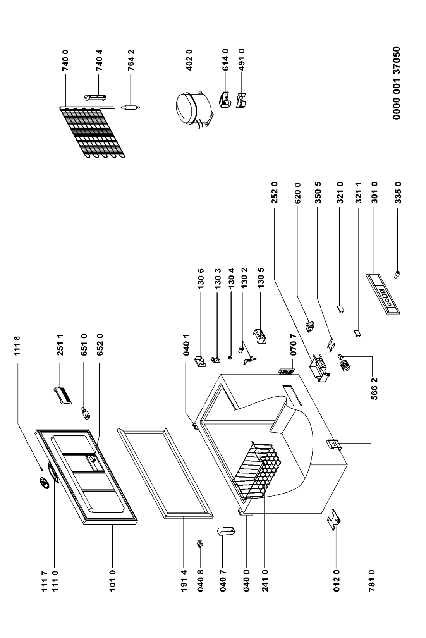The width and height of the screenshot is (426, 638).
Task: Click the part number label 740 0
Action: (x=65, y=60)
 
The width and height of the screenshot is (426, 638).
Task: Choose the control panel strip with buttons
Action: (x=383, y=294)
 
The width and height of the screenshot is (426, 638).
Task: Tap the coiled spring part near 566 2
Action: (x=345, y=363)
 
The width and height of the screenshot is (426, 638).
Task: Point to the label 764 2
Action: (x=131, y=60)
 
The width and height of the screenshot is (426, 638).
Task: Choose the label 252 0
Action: (x=275, y=193)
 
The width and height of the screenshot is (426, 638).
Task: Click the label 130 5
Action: (x=261, y=278)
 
